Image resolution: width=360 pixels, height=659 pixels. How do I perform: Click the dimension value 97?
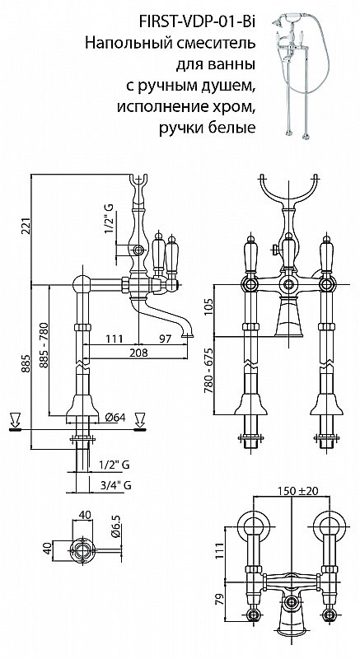[165, 339]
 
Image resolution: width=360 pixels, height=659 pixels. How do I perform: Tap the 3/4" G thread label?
[116, 485]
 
